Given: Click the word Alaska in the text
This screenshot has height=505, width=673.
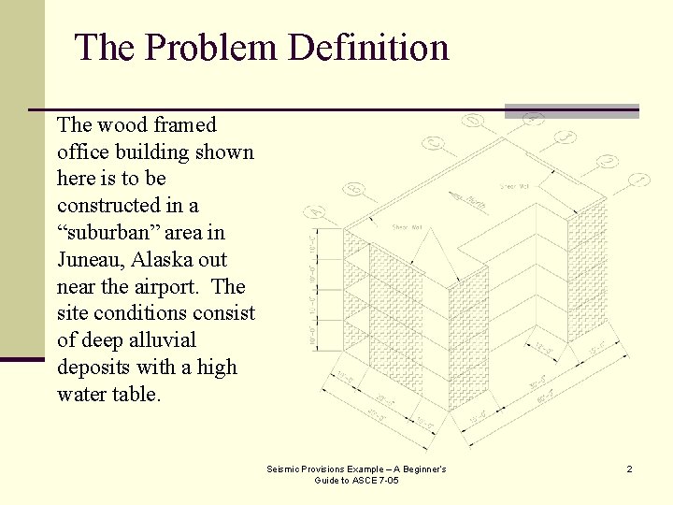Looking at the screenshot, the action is click(x=160, y=259).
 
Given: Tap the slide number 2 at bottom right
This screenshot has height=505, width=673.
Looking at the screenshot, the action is click(x=629, y=469).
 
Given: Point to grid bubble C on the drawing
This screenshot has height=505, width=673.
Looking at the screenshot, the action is click(x=434, y=143).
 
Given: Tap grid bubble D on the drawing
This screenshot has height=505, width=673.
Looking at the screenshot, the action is click(x=474, y=121).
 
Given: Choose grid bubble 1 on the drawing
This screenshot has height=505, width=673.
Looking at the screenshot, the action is click(x=639, y=179).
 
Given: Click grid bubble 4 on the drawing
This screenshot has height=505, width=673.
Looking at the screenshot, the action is click(x=533, y=118).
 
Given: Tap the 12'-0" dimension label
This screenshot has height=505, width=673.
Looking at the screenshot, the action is click(x=543, y=349).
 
